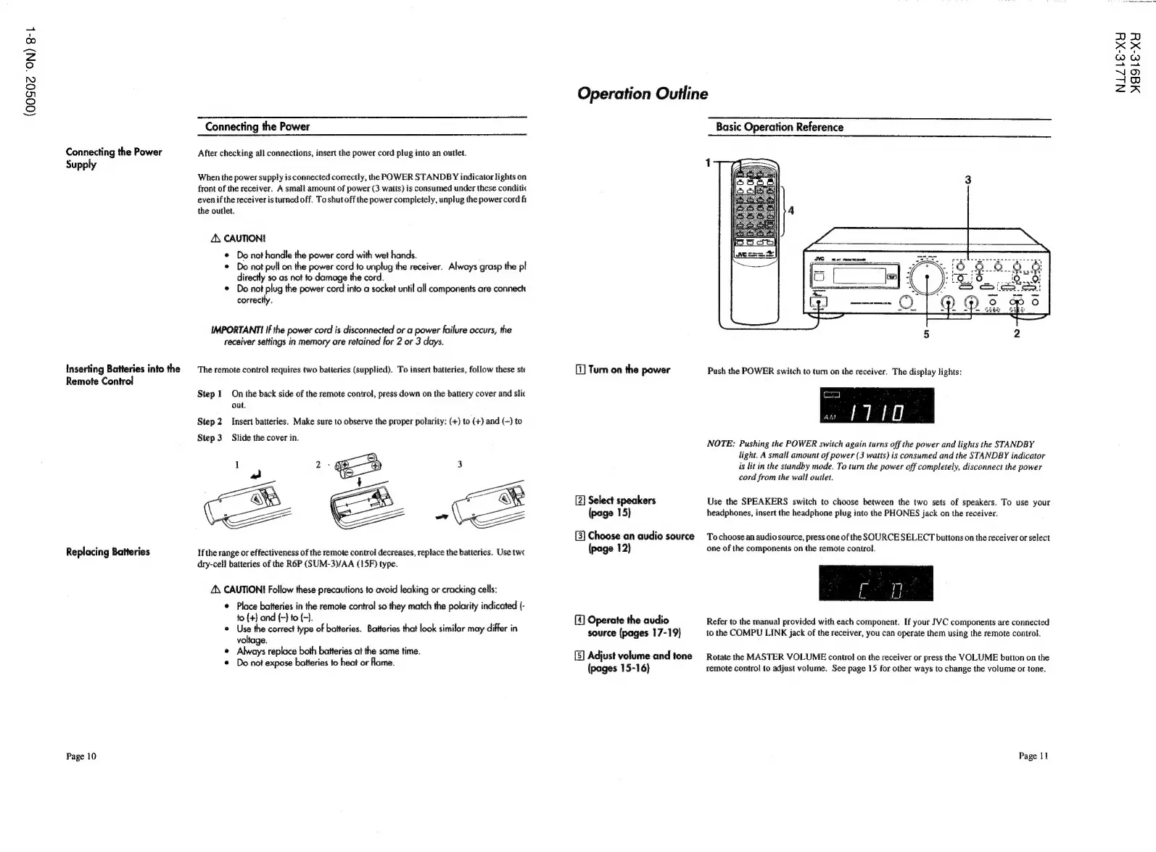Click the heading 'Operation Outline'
tap(642, 94)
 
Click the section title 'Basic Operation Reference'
tap(779, 127)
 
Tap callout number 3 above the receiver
tap(967, 180)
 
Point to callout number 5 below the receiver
tap(926, 334)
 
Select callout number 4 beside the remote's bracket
tap(790, 211)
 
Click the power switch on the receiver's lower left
tap(817, 304)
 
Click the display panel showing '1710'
tap(875, 405)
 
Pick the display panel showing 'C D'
tap(875, 584)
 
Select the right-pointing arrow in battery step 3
tap(441, 517)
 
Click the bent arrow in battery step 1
tap(255, 475)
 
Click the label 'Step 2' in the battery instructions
tap(209, 421)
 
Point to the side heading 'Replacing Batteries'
tap(107, 552)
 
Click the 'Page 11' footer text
tap(1033, 756)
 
